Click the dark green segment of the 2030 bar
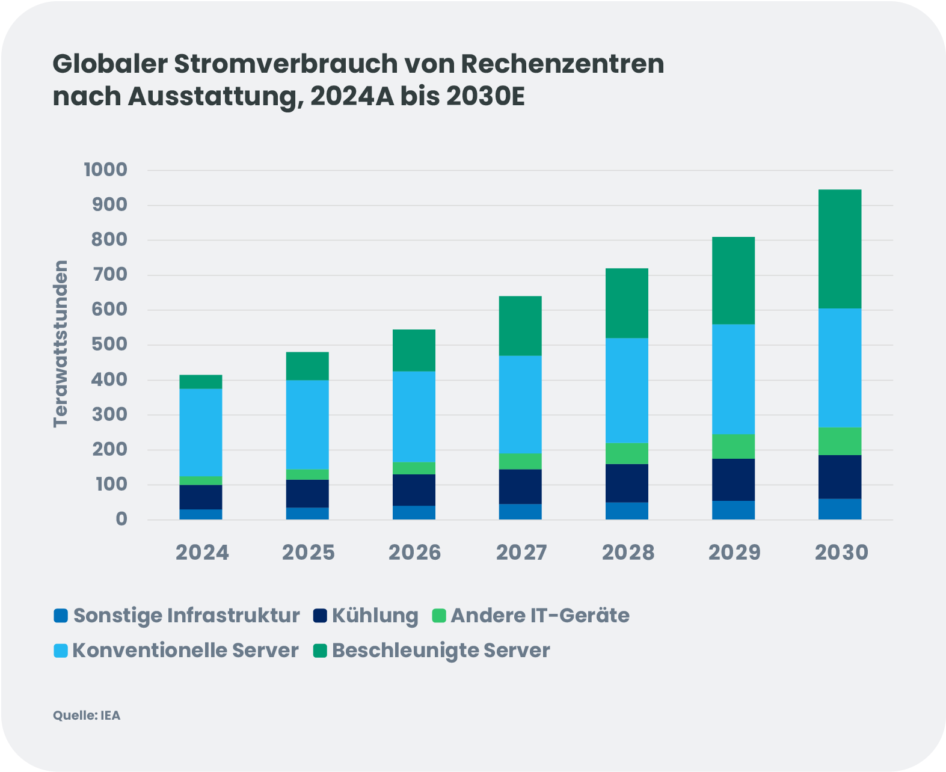(x=840, y=249)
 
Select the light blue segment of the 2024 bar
(x=201, y=432)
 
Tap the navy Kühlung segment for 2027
(x=520, y=486)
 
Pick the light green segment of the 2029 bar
(x=733, y=446)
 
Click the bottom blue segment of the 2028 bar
(x=627, y=511)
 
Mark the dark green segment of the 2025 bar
(x=307, y=366)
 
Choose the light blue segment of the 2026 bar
(x=414, y=417)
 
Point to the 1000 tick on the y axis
(x=106, y=170)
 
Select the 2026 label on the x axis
(x=414, y=553)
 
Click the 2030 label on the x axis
(x=841, y=553)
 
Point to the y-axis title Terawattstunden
(x=61, y=344)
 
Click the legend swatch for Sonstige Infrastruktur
(x=60, y=616)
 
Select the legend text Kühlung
(x=375, y=616)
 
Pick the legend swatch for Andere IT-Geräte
(x=440, y=616)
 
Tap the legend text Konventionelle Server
(x=185, y=651)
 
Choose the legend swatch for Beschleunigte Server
(x=320, y=651)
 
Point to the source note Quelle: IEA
(x=87, y=715)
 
